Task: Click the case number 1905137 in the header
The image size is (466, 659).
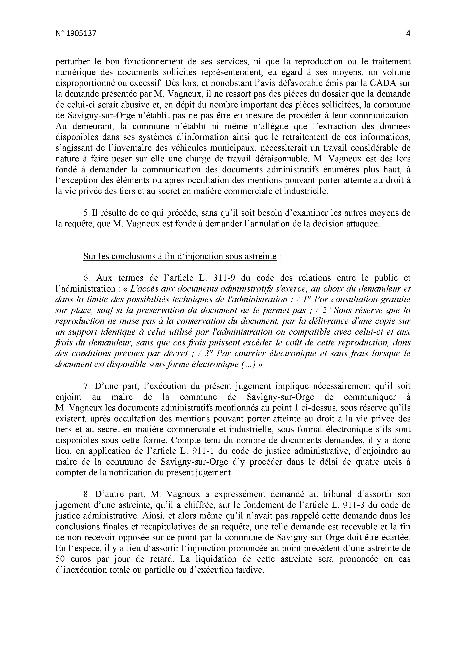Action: pyautogui.click(x=81, y=34)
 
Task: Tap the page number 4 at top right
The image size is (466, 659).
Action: pyautogui.click(x=408, y=34)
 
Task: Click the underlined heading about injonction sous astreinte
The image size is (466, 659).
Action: pyautogui.click(x=180, y=256)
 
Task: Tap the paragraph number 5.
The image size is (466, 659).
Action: pyautogui.click(x=85, y=213)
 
